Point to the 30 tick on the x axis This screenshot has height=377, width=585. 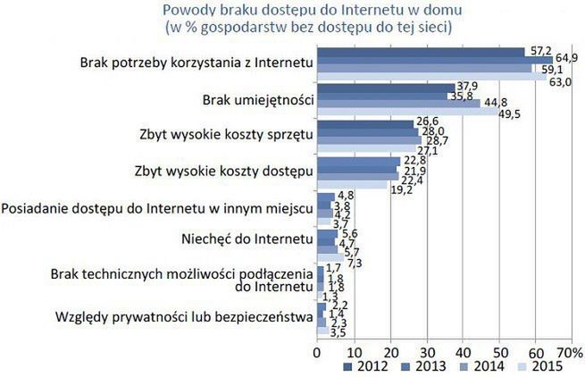click(427, 350)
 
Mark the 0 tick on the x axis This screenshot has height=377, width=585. click(317, 350)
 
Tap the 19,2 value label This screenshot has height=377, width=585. click(400, 189)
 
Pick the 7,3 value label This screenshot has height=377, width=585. click(355, 263)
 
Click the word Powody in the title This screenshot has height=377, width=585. click(186, 10)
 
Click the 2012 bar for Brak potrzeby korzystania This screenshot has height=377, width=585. click(421, 51)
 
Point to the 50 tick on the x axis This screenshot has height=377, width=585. click(500, 350)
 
